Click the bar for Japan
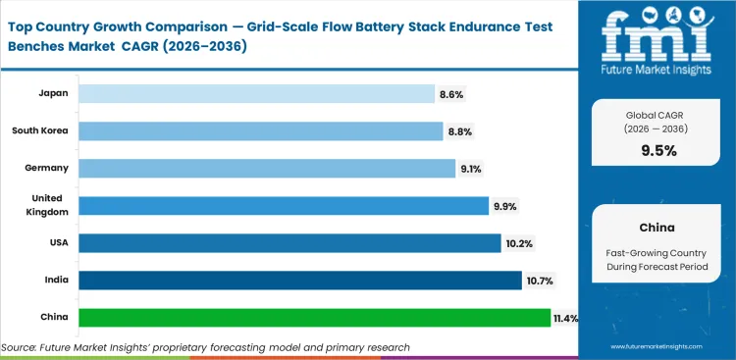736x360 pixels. point(255,93)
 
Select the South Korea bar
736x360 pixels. point(260,130)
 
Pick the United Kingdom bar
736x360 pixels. point(283,205)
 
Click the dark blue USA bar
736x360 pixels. point(289,242)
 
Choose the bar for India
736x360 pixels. point(299,281)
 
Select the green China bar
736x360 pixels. point(314,318)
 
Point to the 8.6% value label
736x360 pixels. point(450,94)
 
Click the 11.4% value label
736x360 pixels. point(567,319)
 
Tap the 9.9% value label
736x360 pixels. point(505,206)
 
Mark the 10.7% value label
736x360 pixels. point(539,282)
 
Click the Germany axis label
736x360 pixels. point(46,168)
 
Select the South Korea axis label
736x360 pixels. point(40,130)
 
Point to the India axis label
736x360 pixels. point(55,281)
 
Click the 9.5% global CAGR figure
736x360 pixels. point(657,150)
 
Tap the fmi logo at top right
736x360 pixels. point(657,40)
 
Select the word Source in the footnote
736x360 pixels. point(20,347)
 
